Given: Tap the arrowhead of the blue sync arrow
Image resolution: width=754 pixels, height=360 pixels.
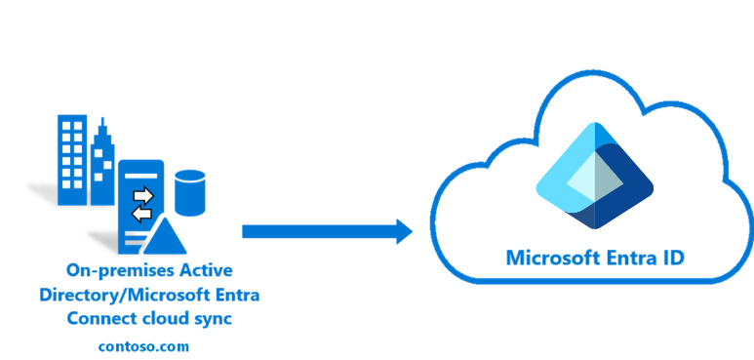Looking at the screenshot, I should point(401,231).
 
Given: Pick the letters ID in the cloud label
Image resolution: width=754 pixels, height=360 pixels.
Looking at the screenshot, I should point(672,259).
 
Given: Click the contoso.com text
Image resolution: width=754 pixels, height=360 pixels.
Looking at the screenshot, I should point(143,345).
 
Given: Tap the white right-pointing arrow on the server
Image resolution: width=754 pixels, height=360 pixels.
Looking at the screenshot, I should point(143,194).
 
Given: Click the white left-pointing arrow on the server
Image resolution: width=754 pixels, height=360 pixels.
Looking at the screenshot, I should point(142,212).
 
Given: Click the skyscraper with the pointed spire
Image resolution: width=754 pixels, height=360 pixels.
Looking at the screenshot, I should point(102,166).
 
